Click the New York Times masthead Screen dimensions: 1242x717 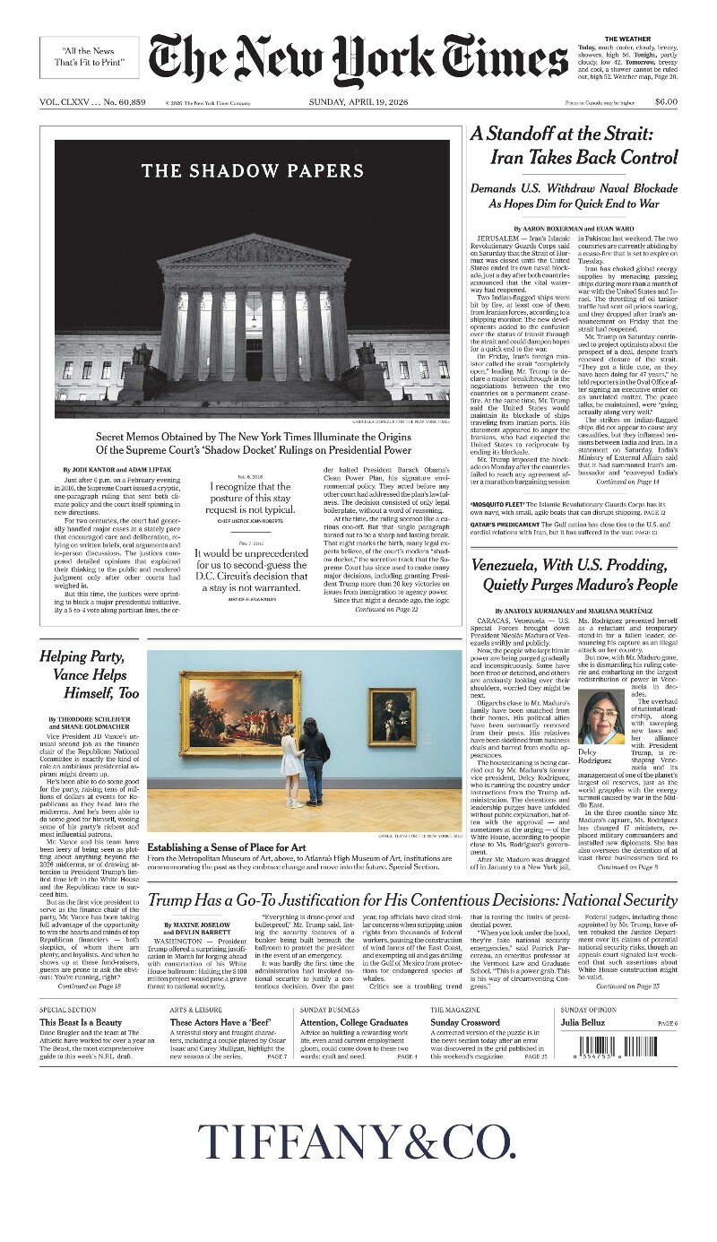358,61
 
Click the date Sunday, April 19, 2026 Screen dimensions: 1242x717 358,102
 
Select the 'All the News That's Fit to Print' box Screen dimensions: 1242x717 89,57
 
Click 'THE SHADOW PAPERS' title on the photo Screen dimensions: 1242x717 253,170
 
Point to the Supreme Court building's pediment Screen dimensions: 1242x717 254,251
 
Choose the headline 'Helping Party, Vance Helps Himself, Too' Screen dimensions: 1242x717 90,674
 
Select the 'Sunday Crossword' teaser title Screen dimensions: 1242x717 465,1022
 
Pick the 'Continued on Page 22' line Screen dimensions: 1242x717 386,609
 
